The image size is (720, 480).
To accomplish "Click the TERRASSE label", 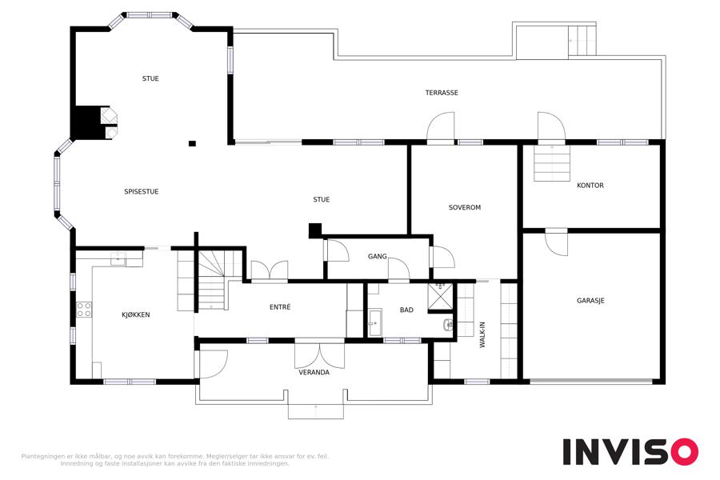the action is (442, 93).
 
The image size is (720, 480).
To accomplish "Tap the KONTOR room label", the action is (590, 186).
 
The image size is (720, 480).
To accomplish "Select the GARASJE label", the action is (590, 301).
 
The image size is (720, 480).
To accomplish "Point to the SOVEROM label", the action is (465, 208).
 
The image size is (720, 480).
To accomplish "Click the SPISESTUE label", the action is (142, 192).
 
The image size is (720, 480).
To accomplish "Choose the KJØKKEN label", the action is (135, 315).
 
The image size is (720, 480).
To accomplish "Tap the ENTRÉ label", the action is (280, 307).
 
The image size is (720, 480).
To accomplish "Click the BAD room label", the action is (406, 310).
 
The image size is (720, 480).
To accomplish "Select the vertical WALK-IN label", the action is (482, 334).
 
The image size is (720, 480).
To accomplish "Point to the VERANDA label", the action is (314, 373).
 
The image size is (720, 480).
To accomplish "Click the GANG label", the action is (377, 256).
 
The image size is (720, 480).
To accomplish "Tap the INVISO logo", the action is (630, 452).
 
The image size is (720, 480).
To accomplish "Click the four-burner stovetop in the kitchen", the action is (84, 310).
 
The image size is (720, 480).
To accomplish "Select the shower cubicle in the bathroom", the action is (440, 297).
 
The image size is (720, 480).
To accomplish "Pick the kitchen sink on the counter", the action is (118, 259).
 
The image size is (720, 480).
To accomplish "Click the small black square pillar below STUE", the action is (192, 144).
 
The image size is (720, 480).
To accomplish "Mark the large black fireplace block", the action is (86, 122).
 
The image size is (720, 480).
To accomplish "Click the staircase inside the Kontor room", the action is (551, 163).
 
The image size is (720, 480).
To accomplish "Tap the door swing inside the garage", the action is (557, 242).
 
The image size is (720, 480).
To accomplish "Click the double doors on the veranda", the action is (319, 355).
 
